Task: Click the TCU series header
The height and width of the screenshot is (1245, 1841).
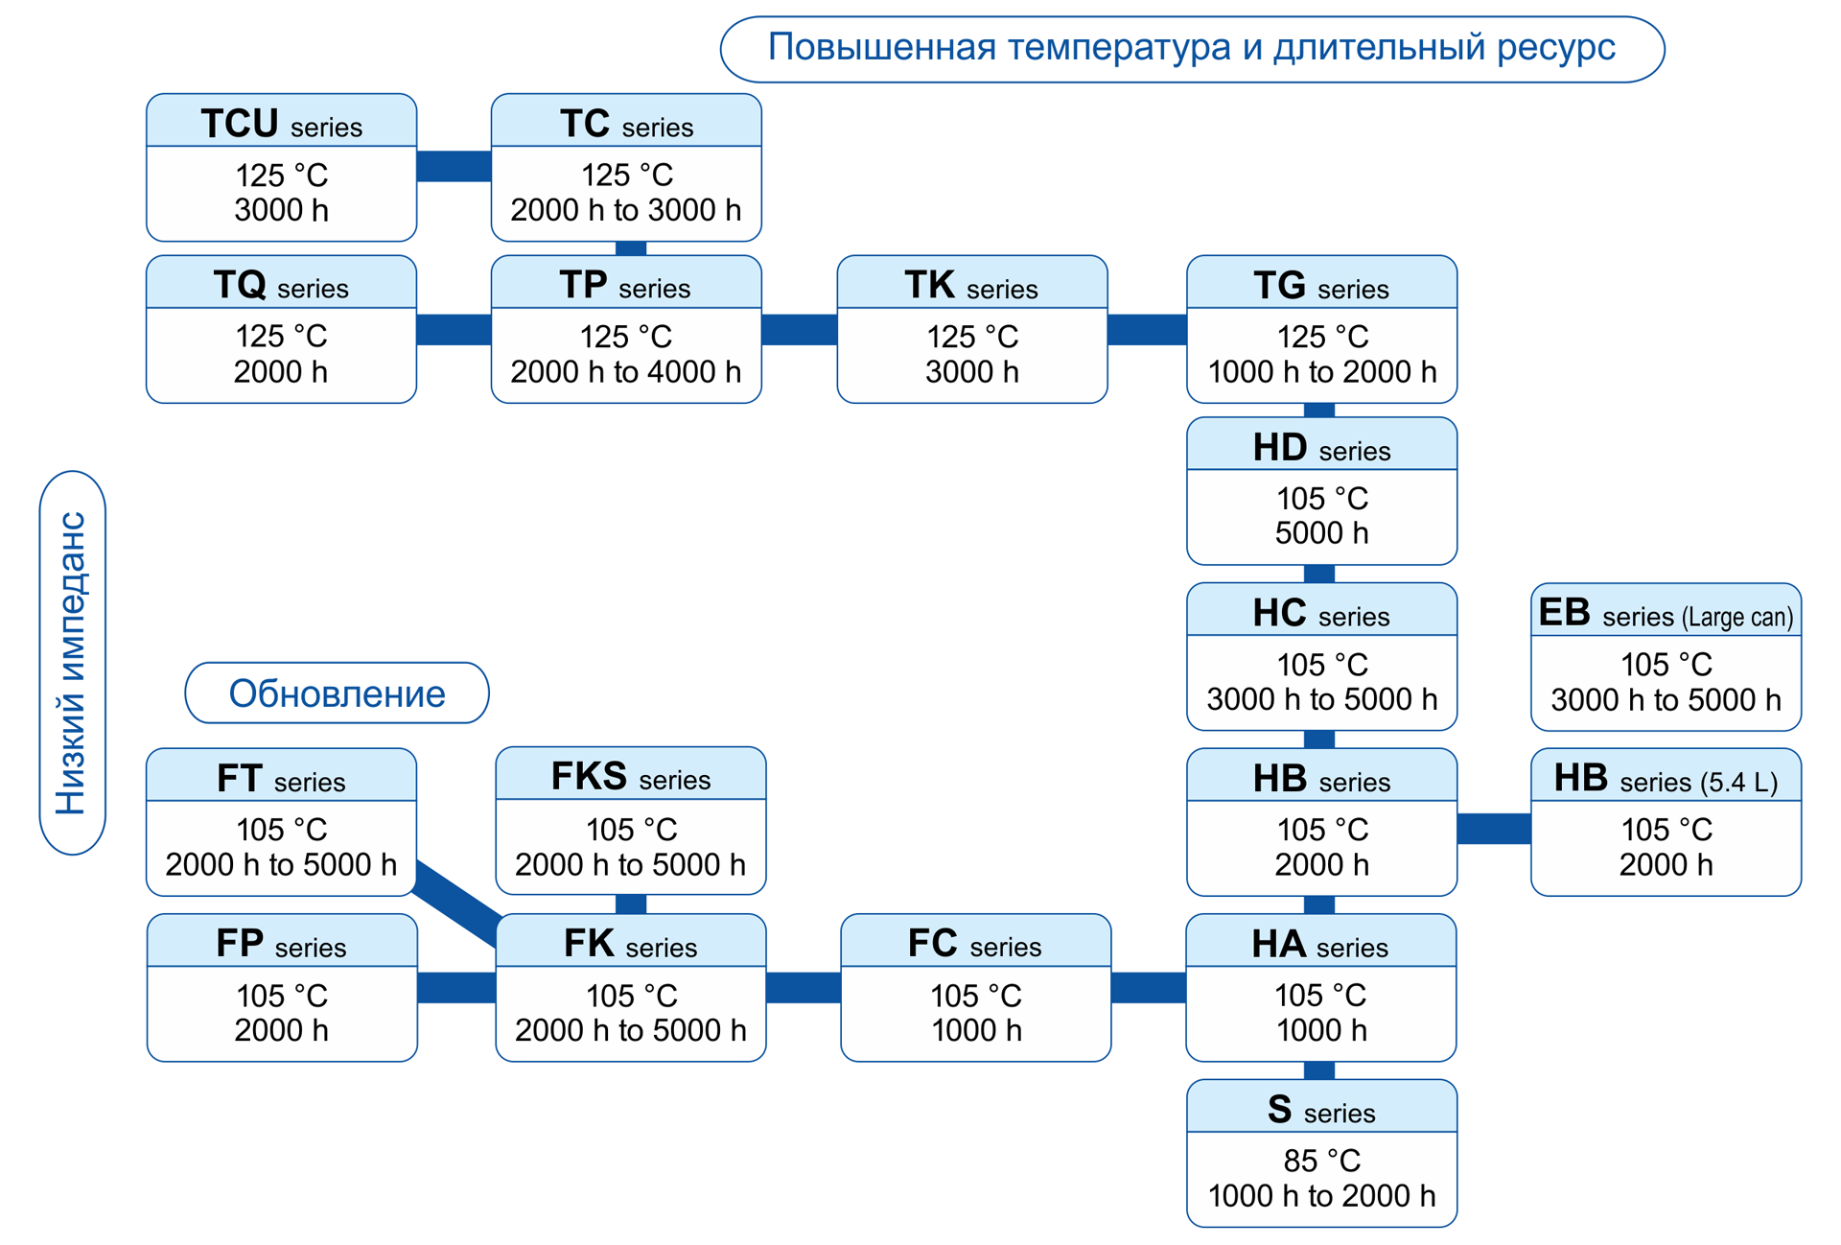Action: pyautogui.click(x=281, y=123)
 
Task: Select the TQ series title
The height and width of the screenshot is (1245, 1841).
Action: pyautogui.click(x=281, y=285)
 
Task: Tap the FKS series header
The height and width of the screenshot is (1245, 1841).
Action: pyautogui.click(x=630, y=776)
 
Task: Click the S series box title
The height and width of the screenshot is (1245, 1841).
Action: pyautogui.click(x=1321, y=1109)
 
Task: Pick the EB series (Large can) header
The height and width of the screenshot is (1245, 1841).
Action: pyautogui.click(x=1666, y=613)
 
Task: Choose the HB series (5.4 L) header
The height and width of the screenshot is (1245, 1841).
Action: pyautogui.click(x=1666, y=778)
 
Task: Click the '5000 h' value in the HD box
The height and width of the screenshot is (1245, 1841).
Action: pyautogui.click(x=1321, y=533)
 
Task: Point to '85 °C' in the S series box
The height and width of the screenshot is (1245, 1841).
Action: pyautogui.click(x=1321, y=1161)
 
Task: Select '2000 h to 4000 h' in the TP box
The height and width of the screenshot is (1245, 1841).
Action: pyautogui.click(x=625, y=372)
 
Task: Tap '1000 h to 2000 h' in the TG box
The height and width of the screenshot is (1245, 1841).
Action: pyautogui.click(x=1321, y=372)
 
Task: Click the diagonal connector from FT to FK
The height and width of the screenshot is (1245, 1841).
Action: pyautogui.click(x=457, y=902)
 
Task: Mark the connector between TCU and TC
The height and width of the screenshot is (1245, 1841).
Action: pyautogui.click(x=454, y=166)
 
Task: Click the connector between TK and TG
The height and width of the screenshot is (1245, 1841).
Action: pyautogui.click(x=1147, y=329)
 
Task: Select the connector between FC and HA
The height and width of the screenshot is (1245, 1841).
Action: pyautogui.click(x=1148, y=987)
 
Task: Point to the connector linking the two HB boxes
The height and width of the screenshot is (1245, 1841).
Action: pyautogui.click(x=1493, y=828)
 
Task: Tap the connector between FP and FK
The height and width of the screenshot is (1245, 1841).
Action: pyautogui.click(x=456, y=987)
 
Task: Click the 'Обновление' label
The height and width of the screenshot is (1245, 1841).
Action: pyautogui.click(x=337, y=693)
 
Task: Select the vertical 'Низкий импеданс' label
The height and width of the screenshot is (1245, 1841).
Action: pyautogui.click(x=73, y=663)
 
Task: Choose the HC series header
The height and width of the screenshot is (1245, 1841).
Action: pyautogui.click(x=1321, y=613)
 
